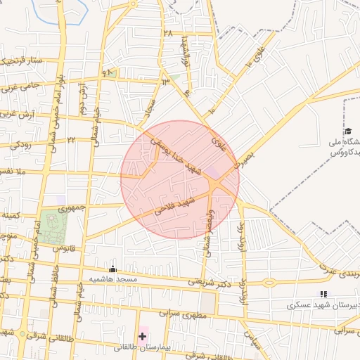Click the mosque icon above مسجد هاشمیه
coord(112,269)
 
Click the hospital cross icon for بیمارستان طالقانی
coord(143,337)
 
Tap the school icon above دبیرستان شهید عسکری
coord(323,294)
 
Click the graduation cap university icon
coord(348,131)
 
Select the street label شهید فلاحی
coord(175,206)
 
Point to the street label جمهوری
coord(71,208)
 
